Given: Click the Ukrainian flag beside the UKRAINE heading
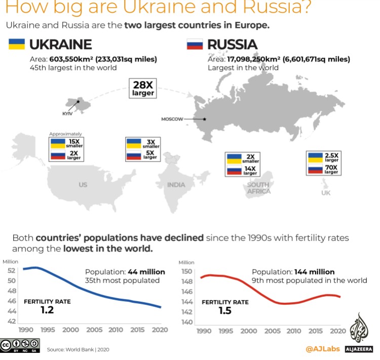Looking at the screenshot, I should click(17, 45).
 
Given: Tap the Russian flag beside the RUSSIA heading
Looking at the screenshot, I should click(195, 45).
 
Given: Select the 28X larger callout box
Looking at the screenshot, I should click(143, 88).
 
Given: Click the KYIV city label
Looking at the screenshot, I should click(67, 113).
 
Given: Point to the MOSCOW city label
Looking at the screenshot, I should click(173, 119).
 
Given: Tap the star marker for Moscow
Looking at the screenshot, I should click(204, 119).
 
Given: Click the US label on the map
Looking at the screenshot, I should click(83, 185).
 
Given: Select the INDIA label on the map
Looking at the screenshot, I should click(176, 185).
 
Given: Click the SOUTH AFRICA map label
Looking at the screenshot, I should click(258, 188).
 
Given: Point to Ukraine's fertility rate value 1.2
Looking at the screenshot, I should click(47, 310).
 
